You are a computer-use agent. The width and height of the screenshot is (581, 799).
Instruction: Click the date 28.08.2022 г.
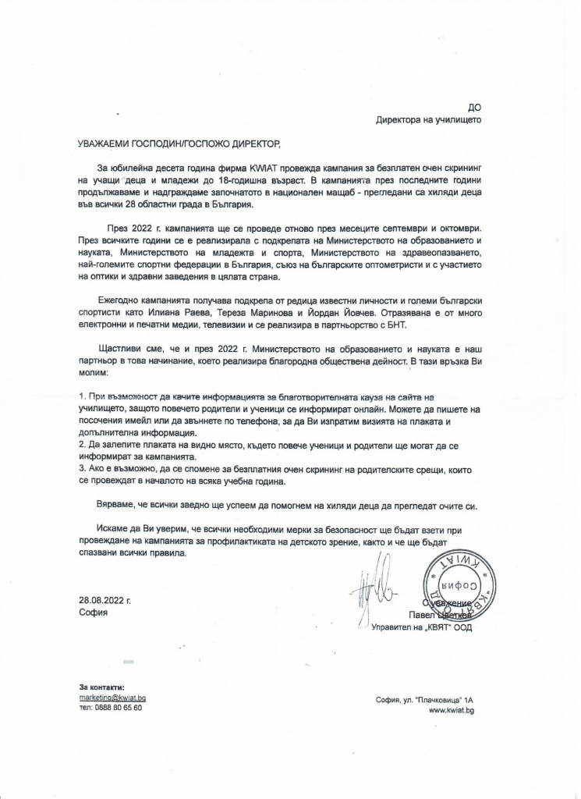click(105, 601)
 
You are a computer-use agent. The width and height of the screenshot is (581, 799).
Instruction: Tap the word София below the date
click(93, 613)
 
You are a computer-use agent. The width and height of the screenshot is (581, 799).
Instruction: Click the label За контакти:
click(101, 687)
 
